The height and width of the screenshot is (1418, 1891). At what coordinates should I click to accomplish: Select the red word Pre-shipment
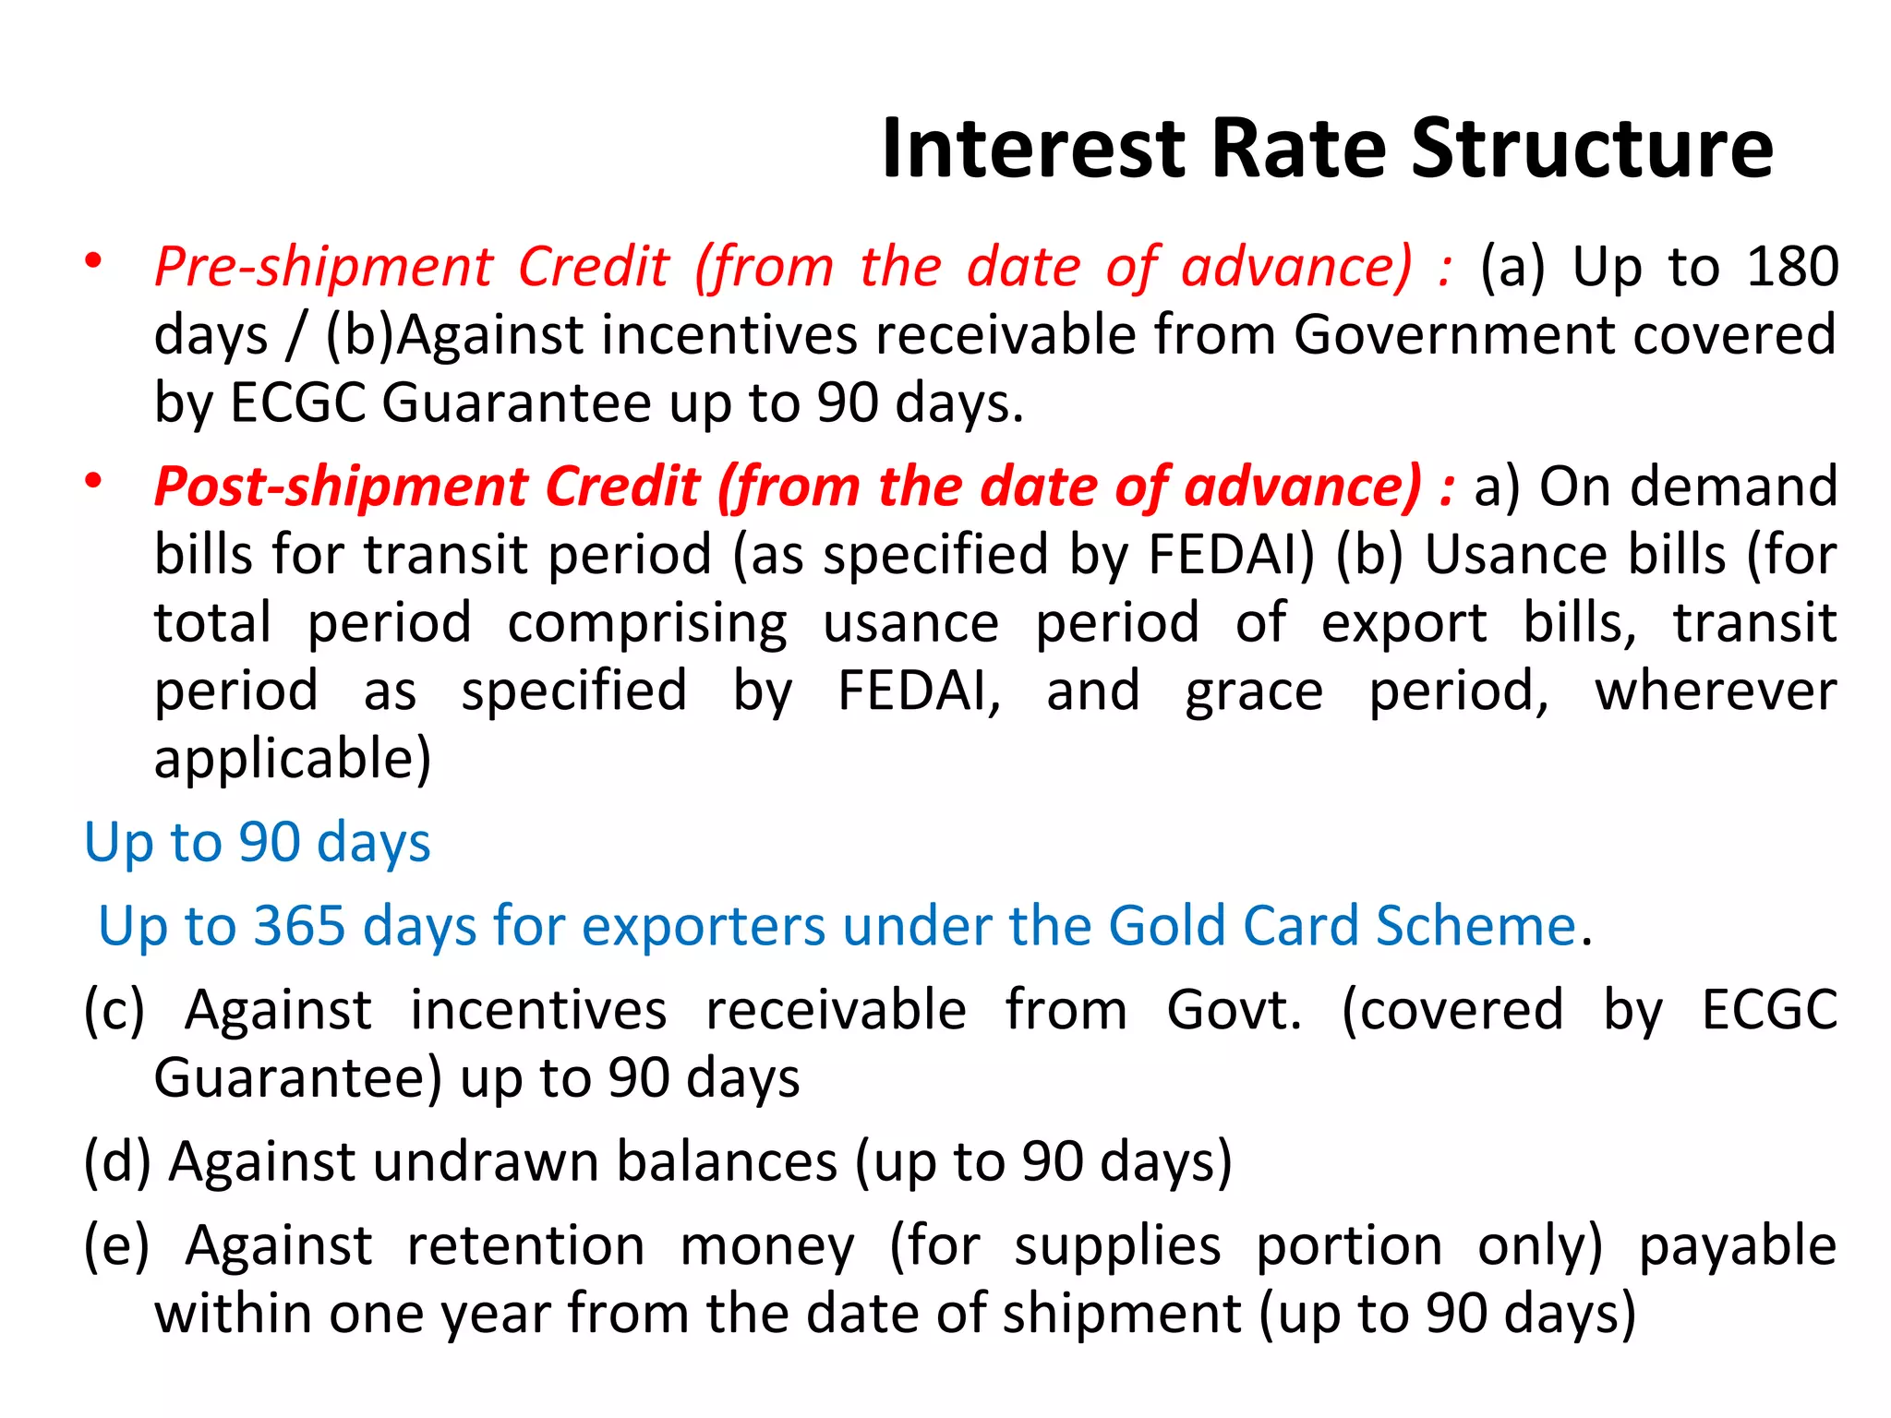pos(323,268)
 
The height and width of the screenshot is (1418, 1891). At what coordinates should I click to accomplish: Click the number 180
pos(1792,268)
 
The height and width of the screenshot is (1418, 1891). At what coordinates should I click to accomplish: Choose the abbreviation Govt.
pos(1234,1010)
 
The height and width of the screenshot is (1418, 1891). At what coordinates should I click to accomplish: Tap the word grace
pos(1254,692)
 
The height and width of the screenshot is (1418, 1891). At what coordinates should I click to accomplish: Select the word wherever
pos(1716,692)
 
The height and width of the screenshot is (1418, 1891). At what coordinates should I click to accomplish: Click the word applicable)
pos(293,760)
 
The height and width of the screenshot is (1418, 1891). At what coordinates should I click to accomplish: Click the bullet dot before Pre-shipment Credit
pos(93,262)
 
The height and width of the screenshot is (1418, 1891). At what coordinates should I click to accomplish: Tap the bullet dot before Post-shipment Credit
pos(93,481)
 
